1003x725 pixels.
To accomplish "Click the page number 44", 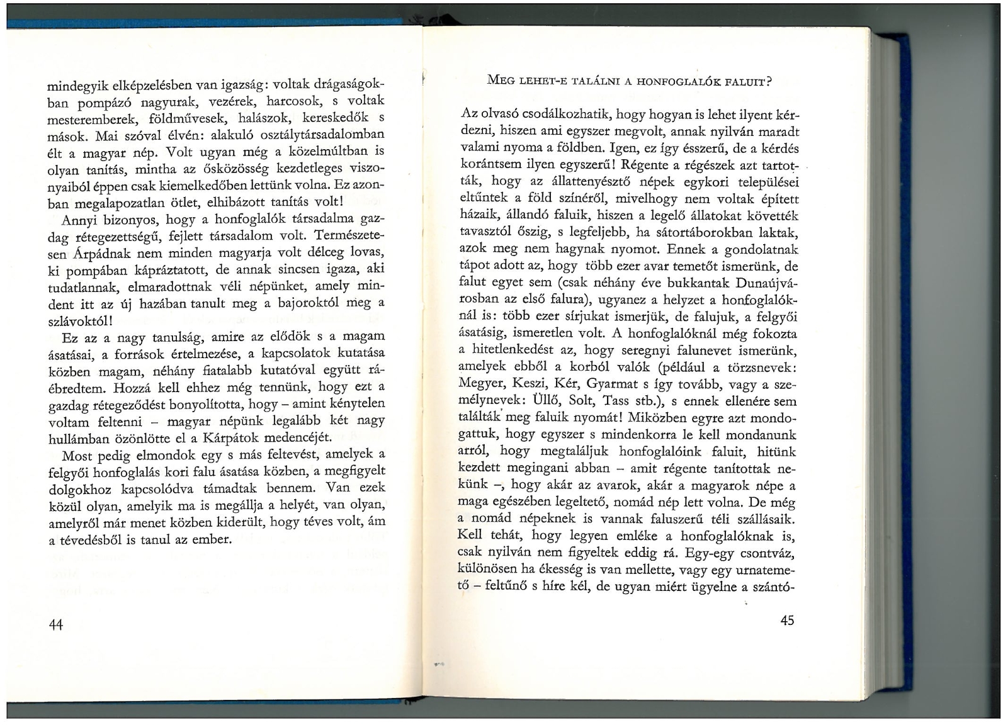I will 56,624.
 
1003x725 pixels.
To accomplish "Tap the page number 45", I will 787,620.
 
